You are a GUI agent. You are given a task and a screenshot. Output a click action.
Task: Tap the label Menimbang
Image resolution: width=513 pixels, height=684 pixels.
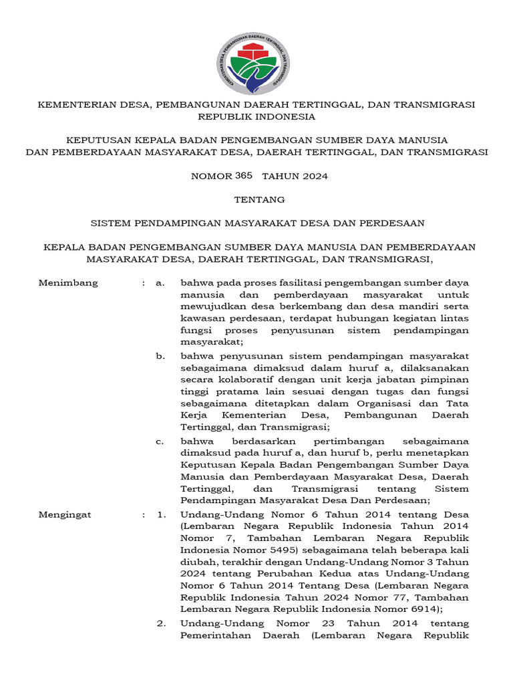(68, 283)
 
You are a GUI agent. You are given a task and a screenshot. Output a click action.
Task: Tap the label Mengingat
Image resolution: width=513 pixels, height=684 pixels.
(65, 515)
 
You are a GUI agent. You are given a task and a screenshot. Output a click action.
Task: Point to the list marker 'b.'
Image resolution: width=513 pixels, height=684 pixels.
(160, 356)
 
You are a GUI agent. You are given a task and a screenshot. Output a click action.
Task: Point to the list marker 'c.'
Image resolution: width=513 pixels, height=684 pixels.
(160, 442)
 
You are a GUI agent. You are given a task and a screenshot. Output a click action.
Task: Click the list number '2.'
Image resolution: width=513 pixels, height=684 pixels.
(161, 623)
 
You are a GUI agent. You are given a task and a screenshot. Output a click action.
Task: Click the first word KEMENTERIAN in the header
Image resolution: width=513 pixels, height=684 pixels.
(73, 106)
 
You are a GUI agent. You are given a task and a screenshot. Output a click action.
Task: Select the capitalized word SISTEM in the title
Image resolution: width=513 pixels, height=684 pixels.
(110, 222)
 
